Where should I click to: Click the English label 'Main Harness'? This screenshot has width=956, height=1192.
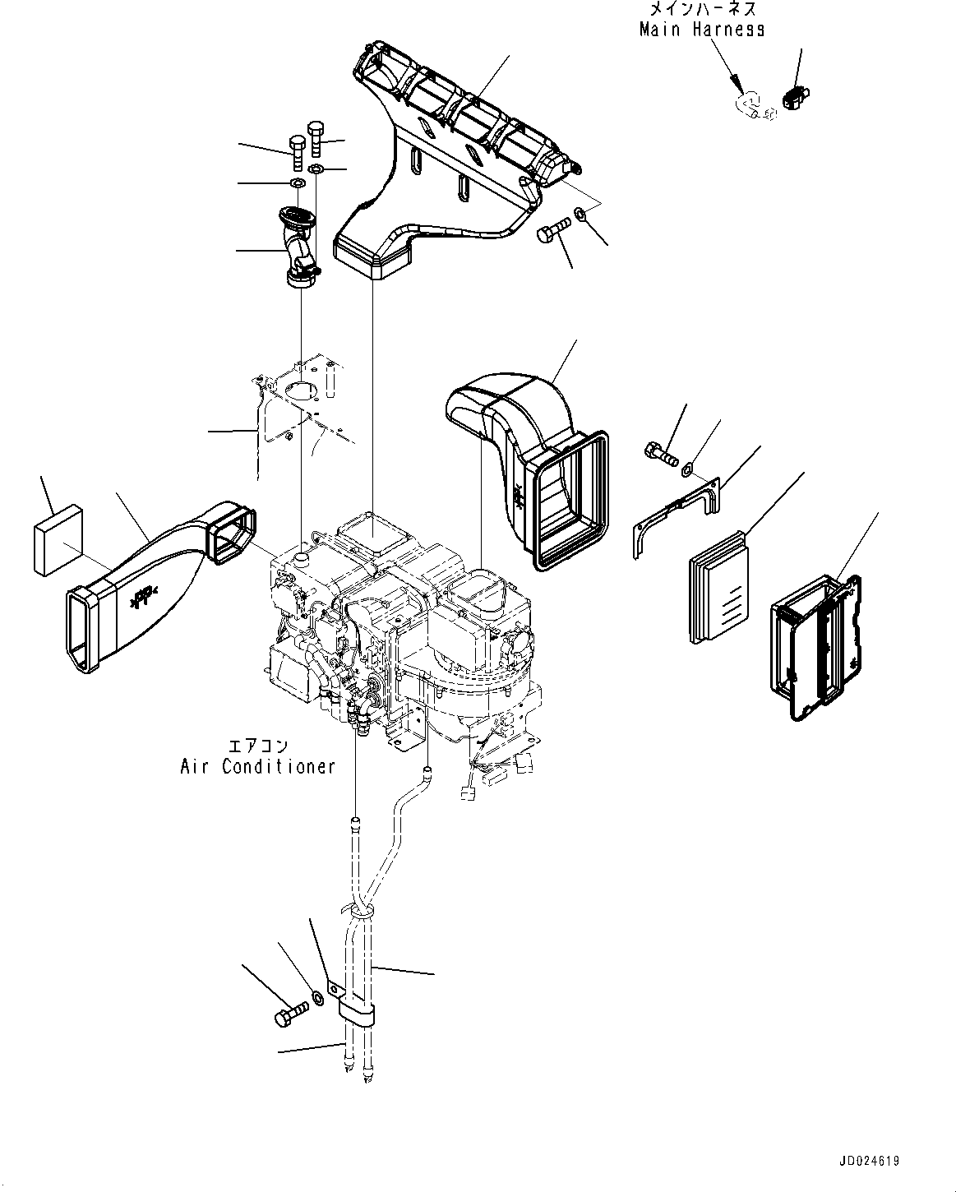click(x=702, y=30)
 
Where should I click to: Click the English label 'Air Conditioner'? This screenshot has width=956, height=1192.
click(x=257, y=767)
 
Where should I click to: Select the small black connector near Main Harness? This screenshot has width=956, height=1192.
click(x=796, y=98)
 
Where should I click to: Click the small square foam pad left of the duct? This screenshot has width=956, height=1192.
click(x=58, y=540)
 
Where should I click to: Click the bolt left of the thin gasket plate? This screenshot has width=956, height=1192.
click(x=662, y=454)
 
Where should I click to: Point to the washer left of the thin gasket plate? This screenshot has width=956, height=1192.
click(x=686, y=470)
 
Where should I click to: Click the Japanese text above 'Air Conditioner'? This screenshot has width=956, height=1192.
click(x=259, y=746)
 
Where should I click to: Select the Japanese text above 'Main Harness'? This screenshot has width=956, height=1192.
click(x=703, y=8)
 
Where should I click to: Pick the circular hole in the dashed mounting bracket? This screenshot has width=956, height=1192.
click(x=300, y=390)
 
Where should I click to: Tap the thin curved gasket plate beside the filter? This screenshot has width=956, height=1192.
click(x=677, y=517)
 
